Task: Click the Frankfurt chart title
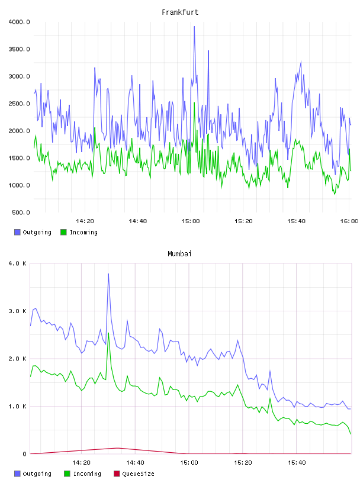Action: pyautogui.click(x=180, y=12)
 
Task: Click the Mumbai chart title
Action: pyautogui.click(x=179, y=254)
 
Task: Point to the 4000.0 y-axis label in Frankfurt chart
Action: pyautogui.click(x=19, y=22)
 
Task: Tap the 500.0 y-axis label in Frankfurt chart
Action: pyautogui.click(x=21, y=212)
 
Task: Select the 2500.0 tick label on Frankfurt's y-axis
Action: pyautogui.click(x=19, y=104)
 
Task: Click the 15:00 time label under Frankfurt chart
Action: pyautogui.click(x=191, y=221)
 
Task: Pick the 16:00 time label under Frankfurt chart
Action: pyautogui.click(x=349, y=221)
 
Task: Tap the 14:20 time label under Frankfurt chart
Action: pyautogui.click(x=85, y=221)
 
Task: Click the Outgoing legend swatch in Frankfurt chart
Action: pyautogui.click(x=17, y=232)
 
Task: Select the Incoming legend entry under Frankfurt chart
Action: pyautogui.click(x=79, y=232)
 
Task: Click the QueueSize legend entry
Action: pyautogui.click(x=134, y=474)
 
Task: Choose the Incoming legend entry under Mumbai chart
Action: pyautogui.click(x=83, y=474)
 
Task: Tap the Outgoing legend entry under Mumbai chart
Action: pyautogui.click(x=33, y=474)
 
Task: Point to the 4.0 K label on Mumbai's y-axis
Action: pyautogui.click(x=17, y=263)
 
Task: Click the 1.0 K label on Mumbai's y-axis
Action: pyautogui.click(x=17, y=407)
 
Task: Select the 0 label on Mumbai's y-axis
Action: pyautogui.click(x=25, y=454)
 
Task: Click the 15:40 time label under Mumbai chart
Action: pyautogui.click(x=297, y=463)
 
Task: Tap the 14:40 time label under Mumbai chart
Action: pyautogui.click(x=135, y=463)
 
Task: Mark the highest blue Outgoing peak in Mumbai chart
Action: pyautogui.click(x=108, y=274)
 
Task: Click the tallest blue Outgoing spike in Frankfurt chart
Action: pyautogui.click(x=194, y=27)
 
